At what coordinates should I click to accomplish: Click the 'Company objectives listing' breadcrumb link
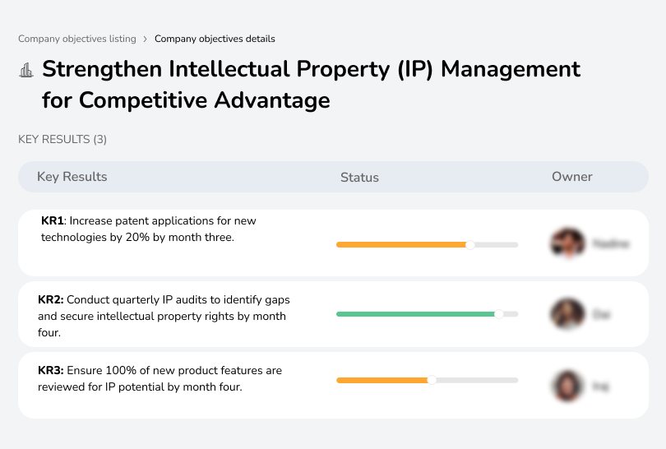click(77, 39)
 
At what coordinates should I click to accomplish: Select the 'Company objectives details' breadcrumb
click(215, 39)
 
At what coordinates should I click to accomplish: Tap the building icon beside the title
click(26, 70)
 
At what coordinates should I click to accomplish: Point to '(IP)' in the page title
click(416, 69)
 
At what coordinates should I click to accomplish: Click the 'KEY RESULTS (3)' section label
click(62, 140)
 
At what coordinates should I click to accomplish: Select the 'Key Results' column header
click(72, 177)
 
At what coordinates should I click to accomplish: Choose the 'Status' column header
click(359, 177)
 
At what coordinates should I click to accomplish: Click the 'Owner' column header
click(572, 177)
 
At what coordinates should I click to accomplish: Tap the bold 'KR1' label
click(53, 221)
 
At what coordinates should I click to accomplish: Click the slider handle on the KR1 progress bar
click(470, 244)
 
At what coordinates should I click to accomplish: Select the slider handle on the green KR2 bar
click(498, 314)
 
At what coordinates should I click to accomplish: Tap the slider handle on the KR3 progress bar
click(432, 380)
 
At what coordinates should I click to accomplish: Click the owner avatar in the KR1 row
click(567, 243)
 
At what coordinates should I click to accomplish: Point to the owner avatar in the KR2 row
click(567, 314)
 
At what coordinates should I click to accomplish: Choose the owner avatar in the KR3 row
click(567, 385)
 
